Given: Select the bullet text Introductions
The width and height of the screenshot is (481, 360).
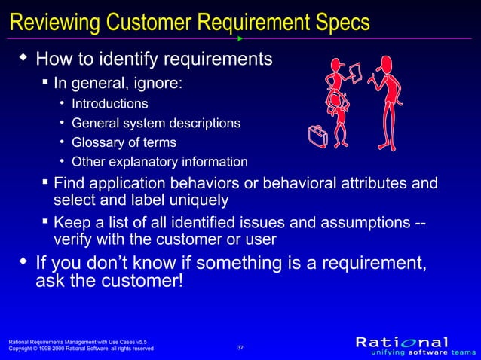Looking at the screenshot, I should [109, 103].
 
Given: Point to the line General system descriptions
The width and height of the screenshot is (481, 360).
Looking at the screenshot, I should [155, 123].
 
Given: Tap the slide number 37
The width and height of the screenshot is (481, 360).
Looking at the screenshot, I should [240, 347].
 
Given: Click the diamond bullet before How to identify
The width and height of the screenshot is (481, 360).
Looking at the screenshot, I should [23, 57].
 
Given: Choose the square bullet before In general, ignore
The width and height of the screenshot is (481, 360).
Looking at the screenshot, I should [46, 81].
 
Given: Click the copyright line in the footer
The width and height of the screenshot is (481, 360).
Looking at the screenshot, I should [81, 349].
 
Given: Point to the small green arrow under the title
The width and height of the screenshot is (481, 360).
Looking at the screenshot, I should [240, 38].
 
